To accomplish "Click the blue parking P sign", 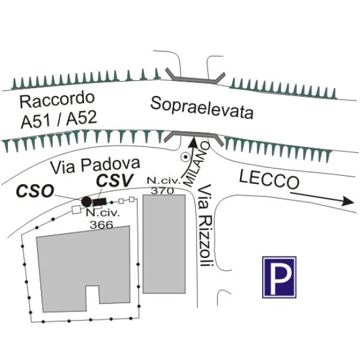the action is tap(279, 277).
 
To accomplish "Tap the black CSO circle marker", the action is tap(86, 202).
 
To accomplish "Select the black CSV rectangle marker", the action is tap(99, 202).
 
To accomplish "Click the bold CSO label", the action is tap(35, 191).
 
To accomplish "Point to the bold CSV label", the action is tap(115, 180).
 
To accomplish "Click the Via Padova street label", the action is tap(95, 166).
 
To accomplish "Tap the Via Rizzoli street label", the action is tap(205, 226).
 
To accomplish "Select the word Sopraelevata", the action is tap(202, 107).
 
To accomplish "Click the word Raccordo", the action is tap(57, 100).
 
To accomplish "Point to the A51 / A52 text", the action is tap(59, 119).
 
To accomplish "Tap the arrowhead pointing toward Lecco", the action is tap(348, 201).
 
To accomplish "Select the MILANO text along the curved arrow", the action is tap(197, 164).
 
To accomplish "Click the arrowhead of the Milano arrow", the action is tap(194, 141).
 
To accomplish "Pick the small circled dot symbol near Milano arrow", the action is tap(185, 157).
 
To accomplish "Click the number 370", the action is tap(163, 191).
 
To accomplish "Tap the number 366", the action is tap(101, 224).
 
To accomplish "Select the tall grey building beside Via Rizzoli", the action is tap(164, 244).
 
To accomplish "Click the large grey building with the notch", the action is tap(83, 269).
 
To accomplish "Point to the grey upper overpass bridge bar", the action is tap(196, 77).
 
